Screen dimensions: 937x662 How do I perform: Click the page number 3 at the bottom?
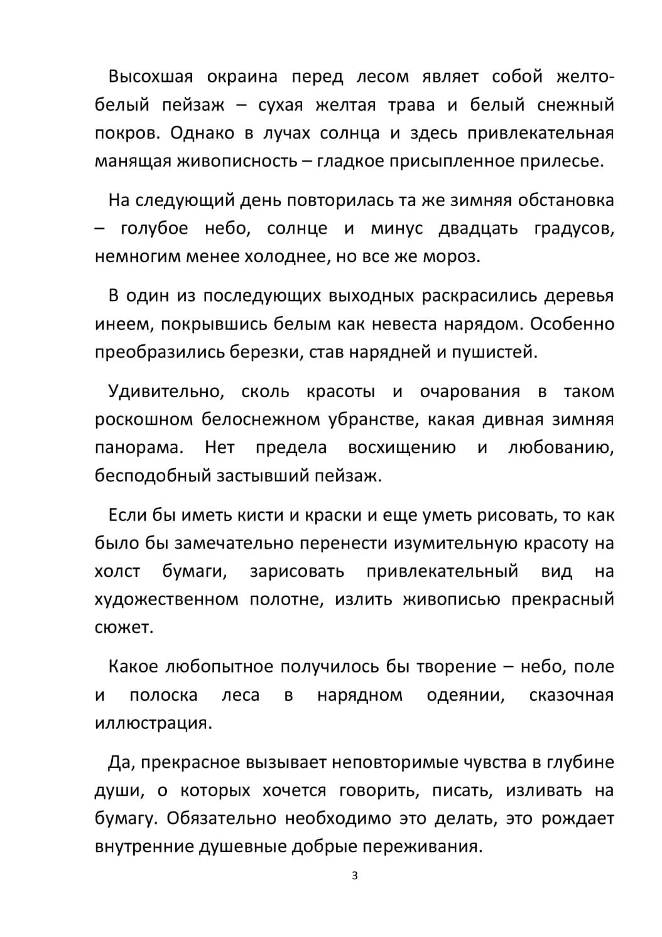click(354, 875)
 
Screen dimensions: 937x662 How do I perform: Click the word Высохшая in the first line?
click(149, 77)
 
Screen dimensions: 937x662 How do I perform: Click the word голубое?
click(154, 228)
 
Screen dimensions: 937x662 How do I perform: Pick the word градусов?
click(574, 228)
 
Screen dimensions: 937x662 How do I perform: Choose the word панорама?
click(139, 447)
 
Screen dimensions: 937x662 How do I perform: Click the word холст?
click(117, 571)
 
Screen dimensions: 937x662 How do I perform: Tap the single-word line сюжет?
click(124, 627)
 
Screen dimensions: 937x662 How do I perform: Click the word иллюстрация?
click(153, 723)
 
